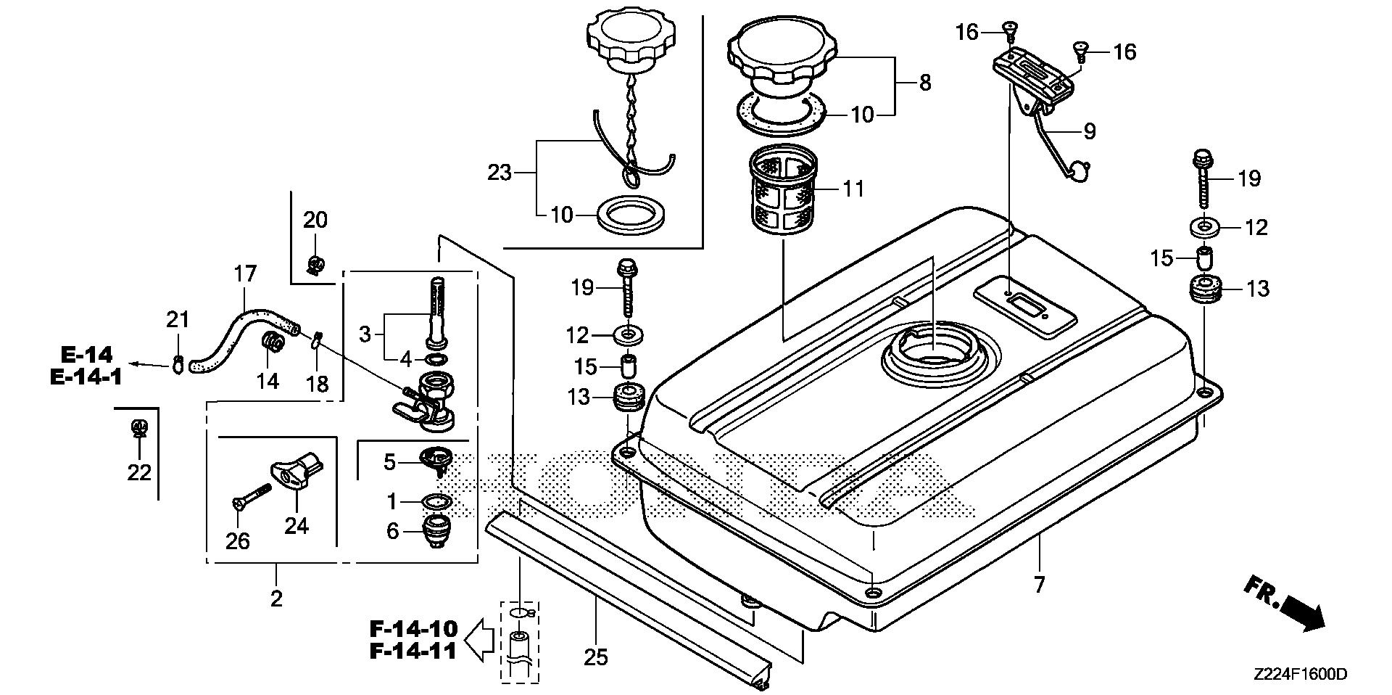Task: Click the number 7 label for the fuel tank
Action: click(1039, 584)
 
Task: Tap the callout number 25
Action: click(595, 657)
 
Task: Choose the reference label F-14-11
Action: click(413, 651)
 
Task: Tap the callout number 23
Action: click(500, 173)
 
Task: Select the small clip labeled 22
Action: click(138, 429)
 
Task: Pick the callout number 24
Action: click(297, 525)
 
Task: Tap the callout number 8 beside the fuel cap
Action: click(924, 83)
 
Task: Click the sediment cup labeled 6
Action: click(435, 532)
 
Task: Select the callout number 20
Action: click(315, 219)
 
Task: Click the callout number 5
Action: click(389, 462)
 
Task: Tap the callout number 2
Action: click(276, 599)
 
